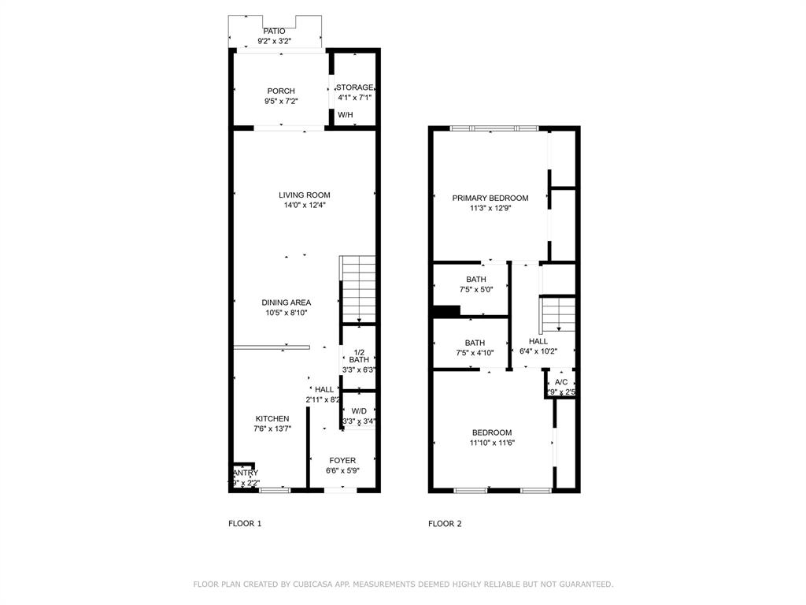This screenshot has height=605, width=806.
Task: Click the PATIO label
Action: coord(274,32)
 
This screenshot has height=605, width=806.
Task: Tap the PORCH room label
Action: coord(280,91)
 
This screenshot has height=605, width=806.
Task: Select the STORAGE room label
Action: coord(355,87)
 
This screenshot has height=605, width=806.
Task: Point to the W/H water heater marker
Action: coord(346,115)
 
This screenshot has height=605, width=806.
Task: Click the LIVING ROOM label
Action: coord(304,195)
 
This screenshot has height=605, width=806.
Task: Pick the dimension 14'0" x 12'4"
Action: coord(304,206)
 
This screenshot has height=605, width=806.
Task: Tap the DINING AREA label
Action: coord(287,302)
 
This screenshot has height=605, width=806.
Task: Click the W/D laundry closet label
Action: coord(359,411)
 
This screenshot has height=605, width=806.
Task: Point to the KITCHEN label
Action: coord(272,419)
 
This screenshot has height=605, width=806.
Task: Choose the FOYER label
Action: coord(342,461)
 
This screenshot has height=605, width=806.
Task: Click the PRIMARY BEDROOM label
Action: coord(490,199)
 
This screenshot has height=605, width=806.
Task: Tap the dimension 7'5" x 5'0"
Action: coord(475,289)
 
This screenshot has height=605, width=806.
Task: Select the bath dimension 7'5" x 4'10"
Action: coord(475,353)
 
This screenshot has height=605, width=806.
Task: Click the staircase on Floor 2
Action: coord(558,314)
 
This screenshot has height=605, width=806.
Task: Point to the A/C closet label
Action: coord(561,382)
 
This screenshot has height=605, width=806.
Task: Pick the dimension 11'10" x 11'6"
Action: coord(492,443)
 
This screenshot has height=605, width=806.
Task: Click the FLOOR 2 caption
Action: coord(445,524)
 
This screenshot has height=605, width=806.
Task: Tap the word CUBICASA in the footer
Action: coord(318,585)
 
